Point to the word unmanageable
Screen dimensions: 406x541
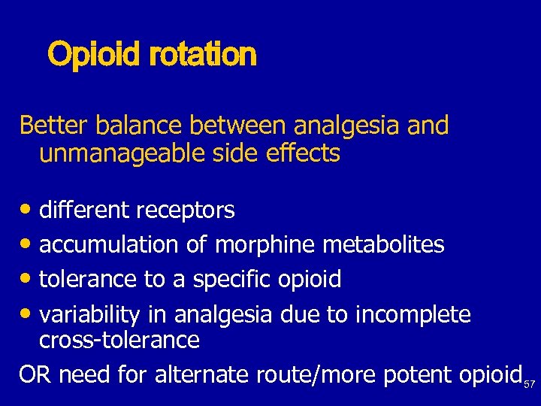click(110, 153)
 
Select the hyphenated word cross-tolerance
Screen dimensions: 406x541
click(119, 340)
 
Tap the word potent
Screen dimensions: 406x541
click(423, 374)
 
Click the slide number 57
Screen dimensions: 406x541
click(530, 383)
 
